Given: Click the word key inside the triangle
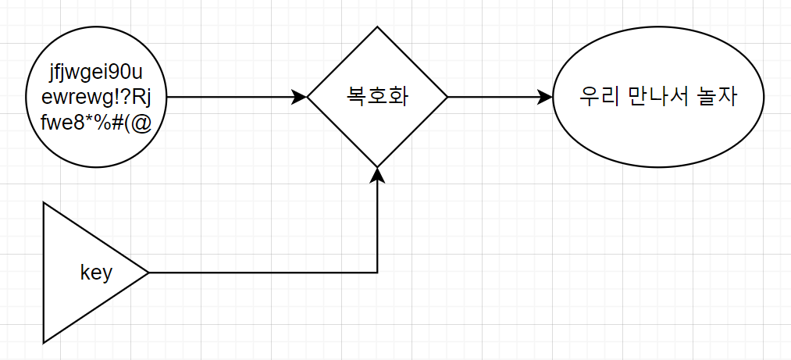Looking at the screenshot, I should [96, 273].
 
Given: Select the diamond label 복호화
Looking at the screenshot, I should [377, 98].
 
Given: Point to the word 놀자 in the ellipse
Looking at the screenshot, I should [718, 98].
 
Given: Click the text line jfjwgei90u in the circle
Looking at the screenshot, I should [96, 76].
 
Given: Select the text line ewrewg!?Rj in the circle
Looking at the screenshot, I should [96, 98].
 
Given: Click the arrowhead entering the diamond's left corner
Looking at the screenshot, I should [300, 98].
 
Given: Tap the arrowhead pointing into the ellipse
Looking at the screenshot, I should [545, 98].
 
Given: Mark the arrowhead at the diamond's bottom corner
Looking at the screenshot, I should [377, 175].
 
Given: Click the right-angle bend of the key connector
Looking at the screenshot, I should [377, 273].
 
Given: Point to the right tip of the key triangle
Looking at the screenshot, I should [148, 273].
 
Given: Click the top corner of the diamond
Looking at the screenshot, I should [377, 27].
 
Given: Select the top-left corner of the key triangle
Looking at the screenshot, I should [45, 203].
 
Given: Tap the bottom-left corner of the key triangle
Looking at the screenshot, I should [45, 342].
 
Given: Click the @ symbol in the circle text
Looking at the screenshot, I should [140, 123].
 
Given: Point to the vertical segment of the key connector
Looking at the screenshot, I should [377, 226].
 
